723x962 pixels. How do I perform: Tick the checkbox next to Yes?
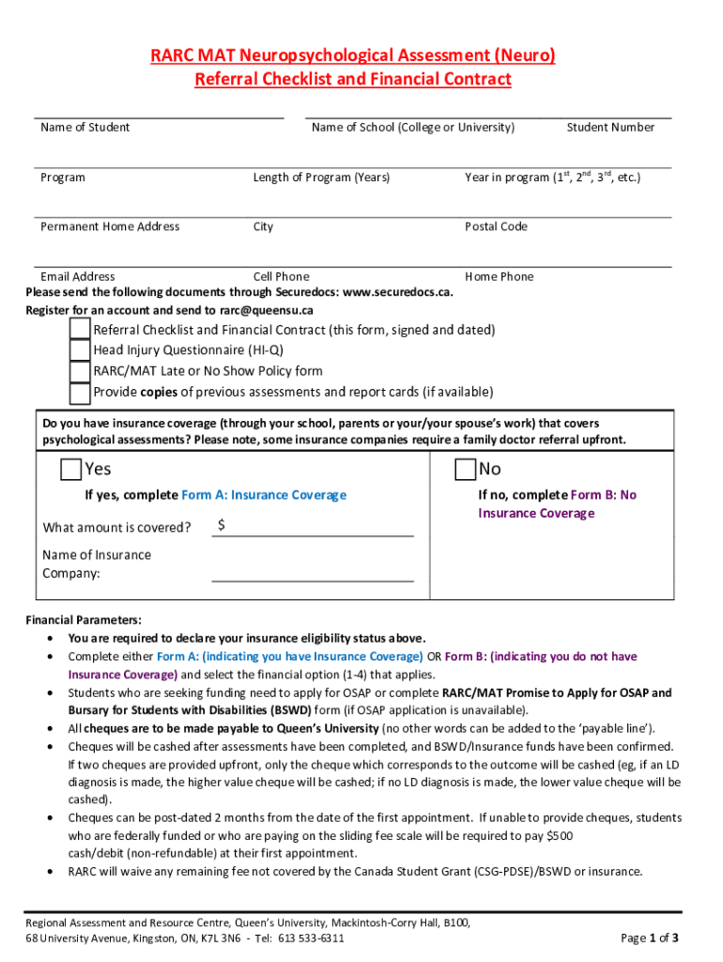pos(70,469)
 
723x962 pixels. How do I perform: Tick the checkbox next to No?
pos(465,469)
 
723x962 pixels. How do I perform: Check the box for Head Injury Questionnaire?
pos(80,350)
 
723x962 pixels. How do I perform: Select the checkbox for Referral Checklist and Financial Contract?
pos(80,330)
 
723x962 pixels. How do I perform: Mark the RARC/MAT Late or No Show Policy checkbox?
pos(80,371)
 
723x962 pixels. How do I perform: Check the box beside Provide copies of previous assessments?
pos(80,392)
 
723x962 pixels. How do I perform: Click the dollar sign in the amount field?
pos(221,526)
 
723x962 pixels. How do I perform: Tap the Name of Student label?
pos(85,128)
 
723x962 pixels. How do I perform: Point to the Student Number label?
pos(610,128)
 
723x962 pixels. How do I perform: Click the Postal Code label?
pos(496,226)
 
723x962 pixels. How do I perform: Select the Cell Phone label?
pos(281,276)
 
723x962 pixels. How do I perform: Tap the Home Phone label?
pos(499,276)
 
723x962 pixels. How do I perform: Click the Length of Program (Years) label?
pos(321,178)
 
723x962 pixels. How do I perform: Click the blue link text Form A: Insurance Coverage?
pos(264,495)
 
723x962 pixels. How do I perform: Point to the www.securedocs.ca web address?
pos(397,292)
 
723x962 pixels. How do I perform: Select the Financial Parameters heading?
pos(84,620)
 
